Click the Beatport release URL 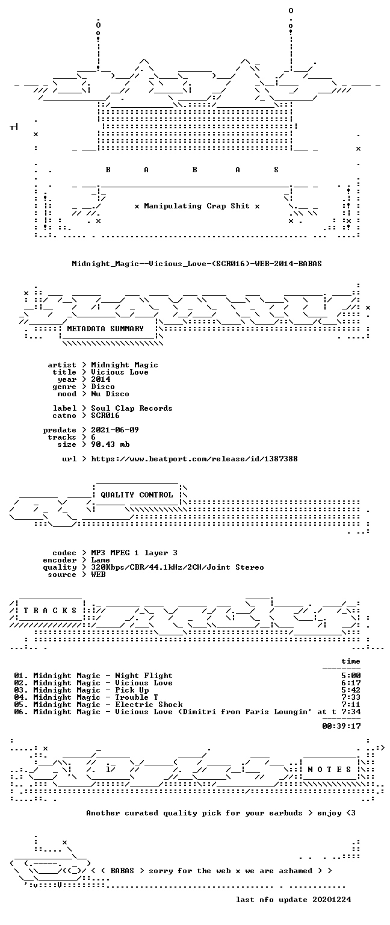(x=194, y=459)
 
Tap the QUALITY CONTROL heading (x=137, y=494)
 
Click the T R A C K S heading (x=50, y=610)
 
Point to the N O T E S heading (x=329, y=769)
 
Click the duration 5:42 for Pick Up (x=351, y=690)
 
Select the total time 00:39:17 (x=341, y=726)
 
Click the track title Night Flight (x=144, y=676)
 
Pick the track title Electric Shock (x=149, y=705)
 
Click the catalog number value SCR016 (x=105, y=416)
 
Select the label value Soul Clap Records (x=132, y=408)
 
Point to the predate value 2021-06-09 (x=115, y=430)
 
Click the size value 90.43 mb (x=110, y=444)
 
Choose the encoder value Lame (x=101, y=560)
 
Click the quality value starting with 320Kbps (x=178, y=567)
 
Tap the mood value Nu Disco (x=110, y=394)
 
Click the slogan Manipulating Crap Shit (x=197, y=206)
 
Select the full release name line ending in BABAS (x=197, y=264)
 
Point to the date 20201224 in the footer (x=332, y=899)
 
